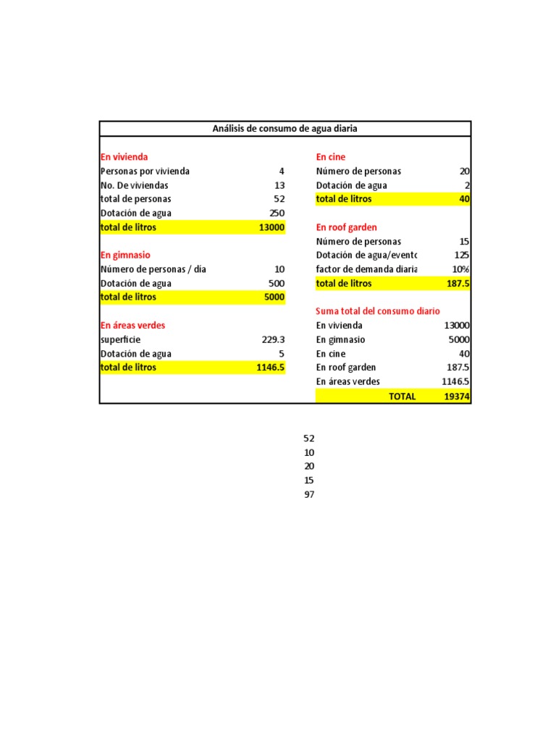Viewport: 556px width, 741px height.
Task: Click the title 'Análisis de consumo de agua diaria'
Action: [x=285, y=129]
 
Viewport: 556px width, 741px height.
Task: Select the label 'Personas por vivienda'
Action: [x=145, y=172]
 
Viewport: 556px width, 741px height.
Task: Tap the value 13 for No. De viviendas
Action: [x=279, y=185]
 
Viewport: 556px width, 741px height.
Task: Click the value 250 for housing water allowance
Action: [x=277, y=213]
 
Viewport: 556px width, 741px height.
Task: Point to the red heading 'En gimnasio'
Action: [x=125, y=255]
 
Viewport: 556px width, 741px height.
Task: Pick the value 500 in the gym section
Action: [x=277, y=283]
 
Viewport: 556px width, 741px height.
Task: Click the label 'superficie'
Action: [x=121, y=339]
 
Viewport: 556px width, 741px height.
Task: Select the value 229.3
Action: [x=273, y=339]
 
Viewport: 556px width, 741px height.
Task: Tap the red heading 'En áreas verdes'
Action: [x=133, y=326]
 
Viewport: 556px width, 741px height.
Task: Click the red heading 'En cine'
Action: [x=331, y=157]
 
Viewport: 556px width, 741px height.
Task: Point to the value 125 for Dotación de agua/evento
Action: [x=462, y=255]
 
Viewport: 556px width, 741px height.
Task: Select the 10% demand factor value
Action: [x=460, y=269]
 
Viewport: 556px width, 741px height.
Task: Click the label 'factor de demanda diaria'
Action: [x=366, y=269]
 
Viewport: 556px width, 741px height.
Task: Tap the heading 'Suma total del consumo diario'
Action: [x=378, y=311]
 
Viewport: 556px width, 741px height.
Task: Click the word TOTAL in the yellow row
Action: [x=402, y=397]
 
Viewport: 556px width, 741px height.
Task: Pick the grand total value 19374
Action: [x=457, y=397]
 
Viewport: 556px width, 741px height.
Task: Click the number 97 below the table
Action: [x=309, y=494]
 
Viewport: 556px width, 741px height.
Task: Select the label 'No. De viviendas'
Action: [x=135, y=185]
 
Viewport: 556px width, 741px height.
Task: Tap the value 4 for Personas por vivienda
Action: [x=282, y=172]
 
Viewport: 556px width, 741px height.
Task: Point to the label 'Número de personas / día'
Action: [x=153, y=269]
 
